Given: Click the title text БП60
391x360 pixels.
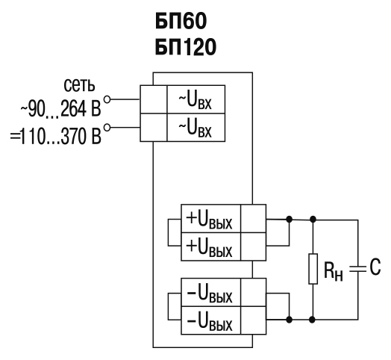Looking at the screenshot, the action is pyautogui.click(x=181, y=21).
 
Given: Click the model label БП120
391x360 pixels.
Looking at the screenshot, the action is pyautogui.click(x=186, y=47).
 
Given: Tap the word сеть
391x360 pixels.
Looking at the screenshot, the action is pyautogui.click(x=79, y=85).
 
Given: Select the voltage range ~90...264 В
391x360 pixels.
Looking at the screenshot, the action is pyautogui.click(x=60, y=109).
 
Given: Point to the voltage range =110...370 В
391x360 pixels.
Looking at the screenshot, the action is pyautogui.click(x=56, y=137).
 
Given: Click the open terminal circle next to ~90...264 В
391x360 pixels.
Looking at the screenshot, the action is pyautogui.click(x=107, y=99).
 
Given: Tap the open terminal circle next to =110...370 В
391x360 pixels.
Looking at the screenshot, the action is pyautogui.click(x=107, y=128).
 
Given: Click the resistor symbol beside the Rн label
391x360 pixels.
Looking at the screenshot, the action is pyautogui.click(x=313, y=269).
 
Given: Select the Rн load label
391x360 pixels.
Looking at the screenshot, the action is pyautogui.click(x=333, y=271).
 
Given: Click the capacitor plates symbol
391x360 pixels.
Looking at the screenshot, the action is pyautogui.click(x=358, y=269).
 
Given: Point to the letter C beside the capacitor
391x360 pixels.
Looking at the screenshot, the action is pyautogui.click(x=375, y=267).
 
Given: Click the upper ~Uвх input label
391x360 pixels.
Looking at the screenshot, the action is pyautogui.click(x=195, y=101).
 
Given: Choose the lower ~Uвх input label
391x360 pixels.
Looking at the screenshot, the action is pyautogui.click(x=195, y=128).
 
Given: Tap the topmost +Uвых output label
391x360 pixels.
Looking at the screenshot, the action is pyautogui.click(x=209, y=220).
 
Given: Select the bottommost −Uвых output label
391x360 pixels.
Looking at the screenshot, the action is pyautogui.click(x=209, y=322).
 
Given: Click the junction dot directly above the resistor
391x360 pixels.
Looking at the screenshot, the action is pyautogui.click(x=313, y=220).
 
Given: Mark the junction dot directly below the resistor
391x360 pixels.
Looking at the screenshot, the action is pyautogui.click(x=312, y=320).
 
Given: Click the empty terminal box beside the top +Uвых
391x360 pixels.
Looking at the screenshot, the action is pyautogui.click(x=254, y=219).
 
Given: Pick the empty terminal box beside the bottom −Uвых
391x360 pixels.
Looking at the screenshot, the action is pyautogui.click(x=254, y=320).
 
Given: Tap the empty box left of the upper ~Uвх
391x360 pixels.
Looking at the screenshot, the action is pyautogui.click(x=154, y=99).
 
